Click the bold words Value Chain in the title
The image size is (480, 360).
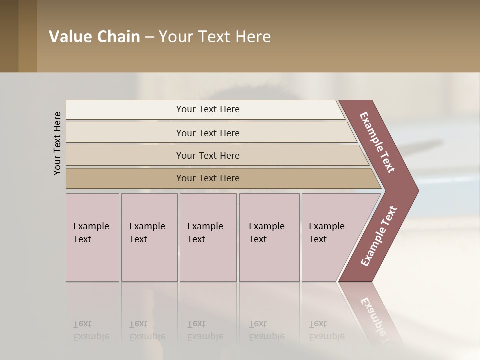[94, 37]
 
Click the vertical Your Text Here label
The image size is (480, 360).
[57, 143]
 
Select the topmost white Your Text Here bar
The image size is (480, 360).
[208, 109]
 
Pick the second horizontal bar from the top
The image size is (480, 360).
[208, 133]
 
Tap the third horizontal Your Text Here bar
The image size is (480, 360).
[208, 155]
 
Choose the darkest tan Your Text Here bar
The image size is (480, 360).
[208, 178]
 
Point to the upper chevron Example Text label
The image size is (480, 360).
[377, 142]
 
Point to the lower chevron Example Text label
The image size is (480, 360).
[378, 236]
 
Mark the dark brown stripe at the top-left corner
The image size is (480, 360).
[9, 36]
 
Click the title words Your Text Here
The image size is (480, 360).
[215, 37]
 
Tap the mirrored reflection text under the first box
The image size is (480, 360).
[91, 330]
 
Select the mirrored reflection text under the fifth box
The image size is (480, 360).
[326, 330]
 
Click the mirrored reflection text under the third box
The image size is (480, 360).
[205, 330]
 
